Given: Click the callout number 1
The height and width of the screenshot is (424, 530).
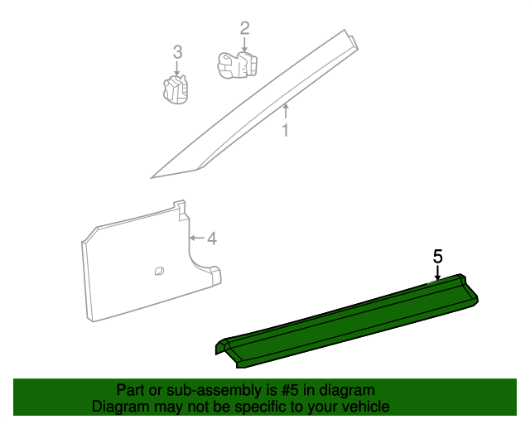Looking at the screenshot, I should click(285, 131).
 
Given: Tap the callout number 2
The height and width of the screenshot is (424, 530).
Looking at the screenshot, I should click(244, 28).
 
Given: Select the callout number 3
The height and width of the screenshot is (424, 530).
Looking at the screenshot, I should click(177, 52).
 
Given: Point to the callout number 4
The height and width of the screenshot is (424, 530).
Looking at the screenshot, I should click(211, 238).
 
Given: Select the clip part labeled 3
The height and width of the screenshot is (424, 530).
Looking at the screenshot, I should click(175, 89).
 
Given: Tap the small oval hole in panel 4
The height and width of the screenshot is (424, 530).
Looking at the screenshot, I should click(158, 268).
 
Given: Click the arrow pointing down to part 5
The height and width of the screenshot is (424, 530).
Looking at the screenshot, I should click(438, 272).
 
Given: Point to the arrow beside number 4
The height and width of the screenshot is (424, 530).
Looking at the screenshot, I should click(196, 238).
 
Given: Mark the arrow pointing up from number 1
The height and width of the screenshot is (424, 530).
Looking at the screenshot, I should click(285, 111).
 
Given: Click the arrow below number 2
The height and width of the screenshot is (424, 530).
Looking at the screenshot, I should click(244, 45).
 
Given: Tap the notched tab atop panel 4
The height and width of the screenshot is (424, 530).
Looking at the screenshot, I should click(179, 207).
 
